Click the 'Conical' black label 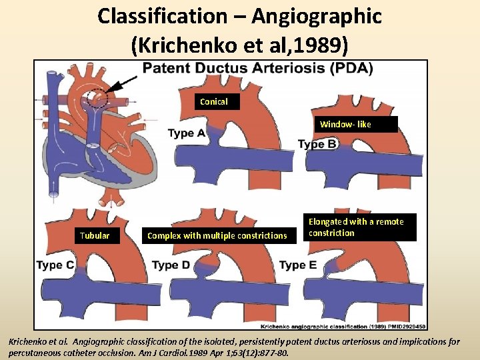pos(213,102)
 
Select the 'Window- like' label pos(345,125)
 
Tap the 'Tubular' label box pos(95,235)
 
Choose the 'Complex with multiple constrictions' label pos(217,235)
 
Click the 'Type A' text pos(187,133)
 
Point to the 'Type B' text pos(317,144)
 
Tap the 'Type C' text pos(55,265)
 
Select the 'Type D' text pos(171,265)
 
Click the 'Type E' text pos(298,265)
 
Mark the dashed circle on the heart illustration pos(96,99)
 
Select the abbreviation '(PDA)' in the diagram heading pos(349,69)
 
